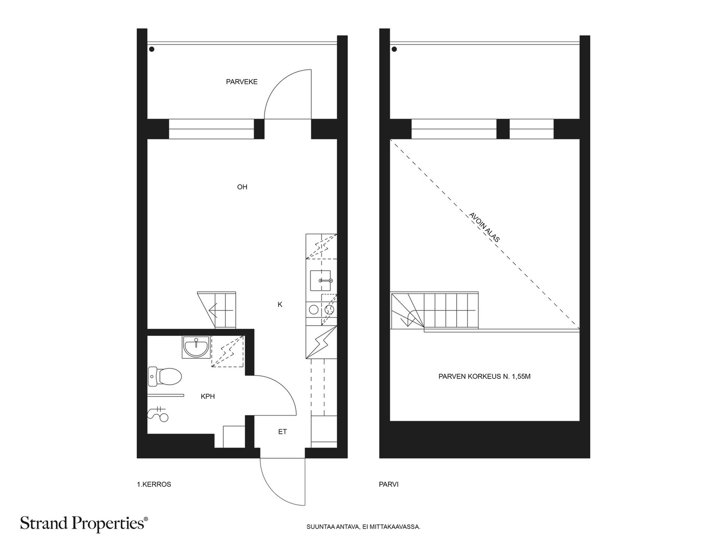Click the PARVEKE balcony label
(x=241, y=82)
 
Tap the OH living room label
(x=242, y=187)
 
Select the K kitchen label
(x=280, y=304)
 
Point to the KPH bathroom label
(x=208, y=396)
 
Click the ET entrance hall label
(x=282, y=431)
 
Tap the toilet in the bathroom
(x=165, y=377)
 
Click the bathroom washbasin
(x=196, y=347)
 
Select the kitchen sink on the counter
(x=321, y=280)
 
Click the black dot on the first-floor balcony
(x=152, y=50)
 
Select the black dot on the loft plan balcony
(x=394, y=50)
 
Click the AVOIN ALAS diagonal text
(x=484, y=228)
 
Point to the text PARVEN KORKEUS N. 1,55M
(x=484, y=377)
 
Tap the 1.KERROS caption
(x=154, y=485)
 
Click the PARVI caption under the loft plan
(x=388, y=485)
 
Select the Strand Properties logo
(x=84, y=524)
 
